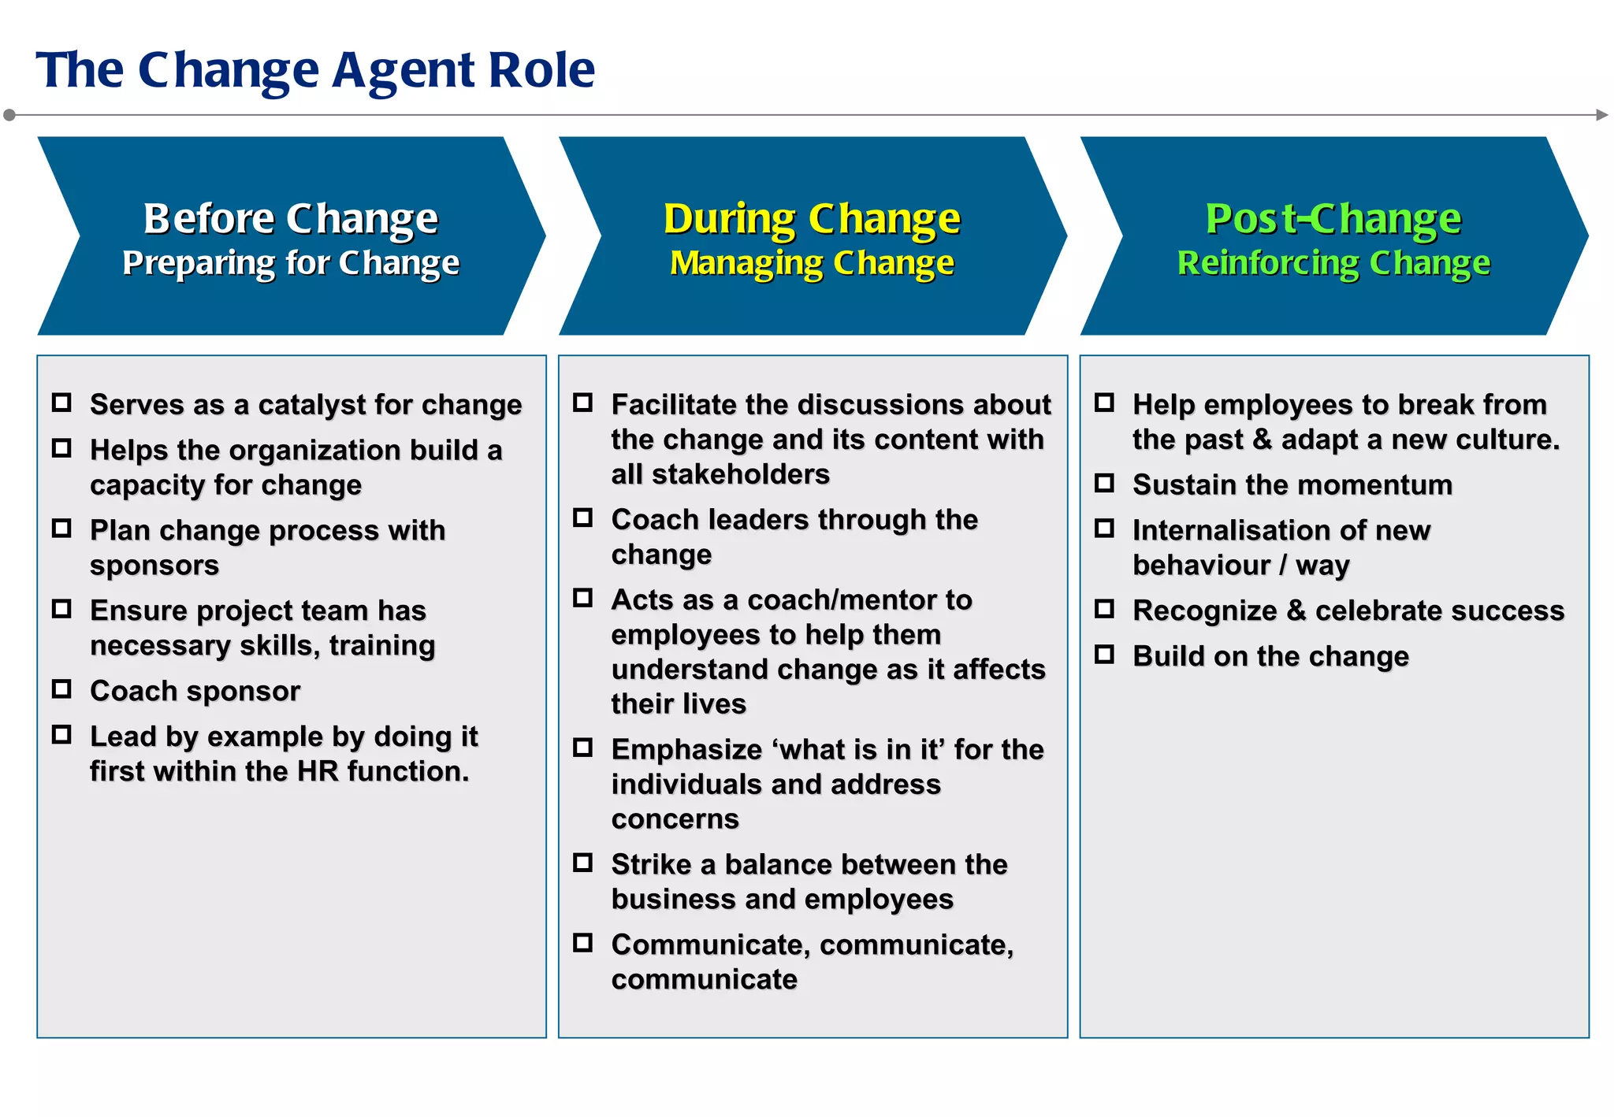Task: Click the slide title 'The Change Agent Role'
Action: click(315, 70)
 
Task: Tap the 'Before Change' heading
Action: click(290, 218)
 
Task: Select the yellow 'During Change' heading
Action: click(812, 218)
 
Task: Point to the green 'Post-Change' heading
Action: click(1333, 218)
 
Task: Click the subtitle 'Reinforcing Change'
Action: click(1333, 263)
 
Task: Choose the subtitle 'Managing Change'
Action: click(812, 263)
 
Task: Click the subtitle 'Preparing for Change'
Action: click(290, 263)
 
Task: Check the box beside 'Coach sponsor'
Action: click(61, 689)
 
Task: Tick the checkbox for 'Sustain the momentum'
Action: click(1104, 483)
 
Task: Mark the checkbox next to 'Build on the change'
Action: click(1104, 655)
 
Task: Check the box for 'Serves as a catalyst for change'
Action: click(61, 403)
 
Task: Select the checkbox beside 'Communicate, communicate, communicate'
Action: click(582, 943)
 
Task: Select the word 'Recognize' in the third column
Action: click(1205, 610)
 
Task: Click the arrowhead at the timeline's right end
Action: click(1602, 115)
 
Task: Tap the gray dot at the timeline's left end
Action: click(9, 115)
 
